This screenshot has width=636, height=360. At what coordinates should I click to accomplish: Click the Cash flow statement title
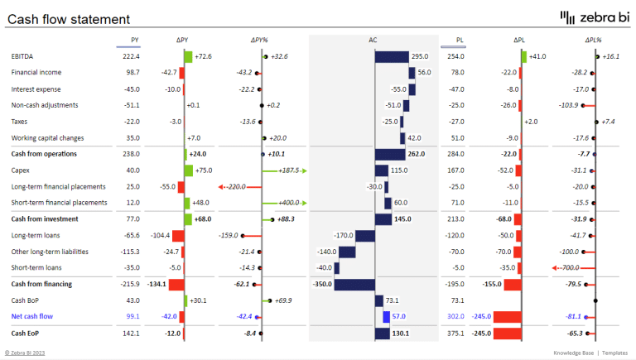(x=68, y=19)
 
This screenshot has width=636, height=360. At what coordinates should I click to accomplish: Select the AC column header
(x=373, y=40)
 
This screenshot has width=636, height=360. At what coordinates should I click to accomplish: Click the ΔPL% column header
(x=593, y=40)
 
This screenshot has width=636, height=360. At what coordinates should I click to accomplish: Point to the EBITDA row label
(x=23, y=56)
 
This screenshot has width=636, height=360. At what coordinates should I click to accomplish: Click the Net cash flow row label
(x=31, y=316)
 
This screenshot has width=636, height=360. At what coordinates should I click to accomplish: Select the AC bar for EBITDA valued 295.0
(x=392, y=57)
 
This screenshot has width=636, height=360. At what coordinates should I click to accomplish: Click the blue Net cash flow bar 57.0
(x=386, y=316)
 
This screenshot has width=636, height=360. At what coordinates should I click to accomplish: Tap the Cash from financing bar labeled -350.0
(x=354, y=284)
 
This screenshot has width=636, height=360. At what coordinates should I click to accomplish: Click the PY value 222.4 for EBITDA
(x=131, y=56)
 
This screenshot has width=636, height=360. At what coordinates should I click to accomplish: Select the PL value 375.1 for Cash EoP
(x=455, y=333)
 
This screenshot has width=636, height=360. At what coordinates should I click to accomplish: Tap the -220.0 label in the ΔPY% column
(x=234, y=187)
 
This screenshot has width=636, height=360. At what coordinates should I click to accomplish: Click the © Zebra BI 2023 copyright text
(x=28, y=353)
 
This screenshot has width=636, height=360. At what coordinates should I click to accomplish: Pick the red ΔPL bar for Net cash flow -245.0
(x=507, y=316)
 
